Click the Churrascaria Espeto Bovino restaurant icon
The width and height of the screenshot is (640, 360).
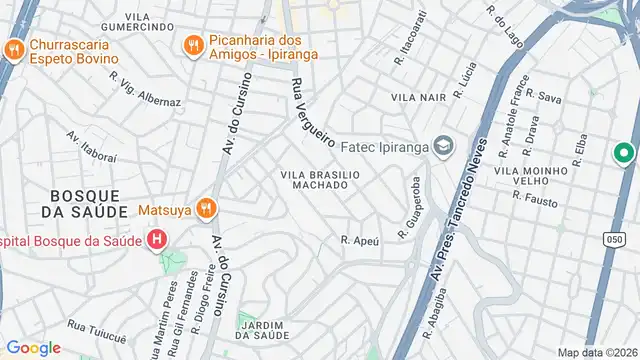(x=13, y=50)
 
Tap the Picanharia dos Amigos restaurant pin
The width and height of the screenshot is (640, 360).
(x=194, y=44)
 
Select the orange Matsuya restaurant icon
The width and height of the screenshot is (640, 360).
(x=207, y=209)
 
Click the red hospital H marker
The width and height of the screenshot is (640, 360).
(x=156, y=240)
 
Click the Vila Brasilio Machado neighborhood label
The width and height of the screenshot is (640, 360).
(x=319, y=179)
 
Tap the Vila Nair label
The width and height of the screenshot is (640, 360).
(x=418, y=98)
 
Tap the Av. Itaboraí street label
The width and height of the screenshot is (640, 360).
(x=92, y=145)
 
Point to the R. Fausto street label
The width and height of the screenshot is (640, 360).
(x=534, y=198)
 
